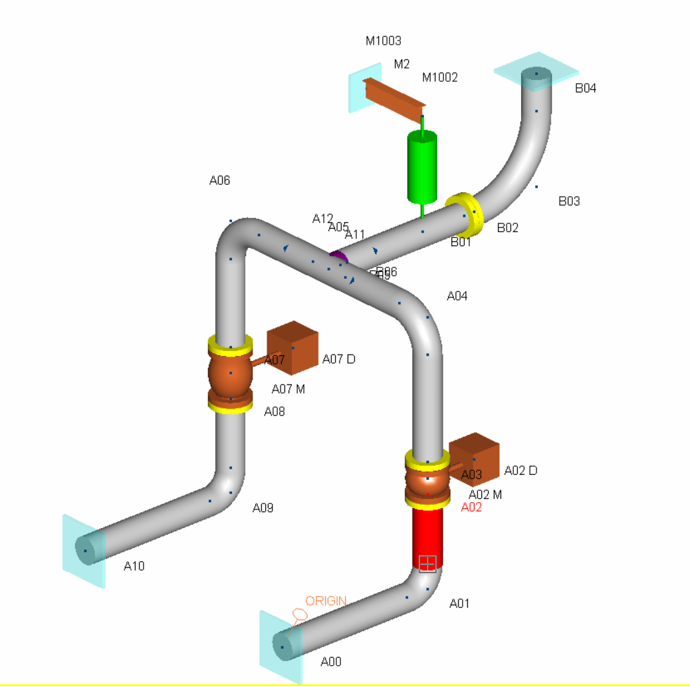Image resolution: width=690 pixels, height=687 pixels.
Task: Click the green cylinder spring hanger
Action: [421, 167]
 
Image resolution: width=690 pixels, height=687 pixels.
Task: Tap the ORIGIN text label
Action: [326, 601]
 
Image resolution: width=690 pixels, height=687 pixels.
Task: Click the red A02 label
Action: [471, 507]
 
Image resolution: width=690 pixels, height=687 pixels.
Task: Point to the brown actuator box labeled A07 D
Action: [292, 347]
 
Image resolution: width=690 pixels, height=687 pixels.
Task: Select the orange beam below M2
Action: [394, 99]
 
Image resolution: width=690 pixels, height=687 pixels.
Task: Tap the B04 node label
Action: [586, 88]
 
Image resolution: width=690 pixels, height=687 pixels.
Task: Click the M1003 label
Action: [384, 41]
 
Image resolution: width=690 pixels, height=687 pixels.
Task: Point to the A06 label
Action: [220, 180]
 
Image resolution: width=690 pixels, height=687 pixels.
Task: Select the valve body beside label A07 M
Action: [229, 374]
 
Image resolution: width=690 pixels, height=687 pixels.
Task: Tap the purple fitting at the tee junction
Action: [338, 255]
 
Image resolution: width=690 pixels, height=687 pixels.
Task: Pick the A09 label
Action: [263, 508]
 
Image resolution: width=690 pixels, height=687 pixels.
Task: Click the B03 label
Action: [569, 201]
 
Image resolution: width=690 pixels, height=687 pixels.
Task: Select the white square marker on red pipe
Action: [427, 563]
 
